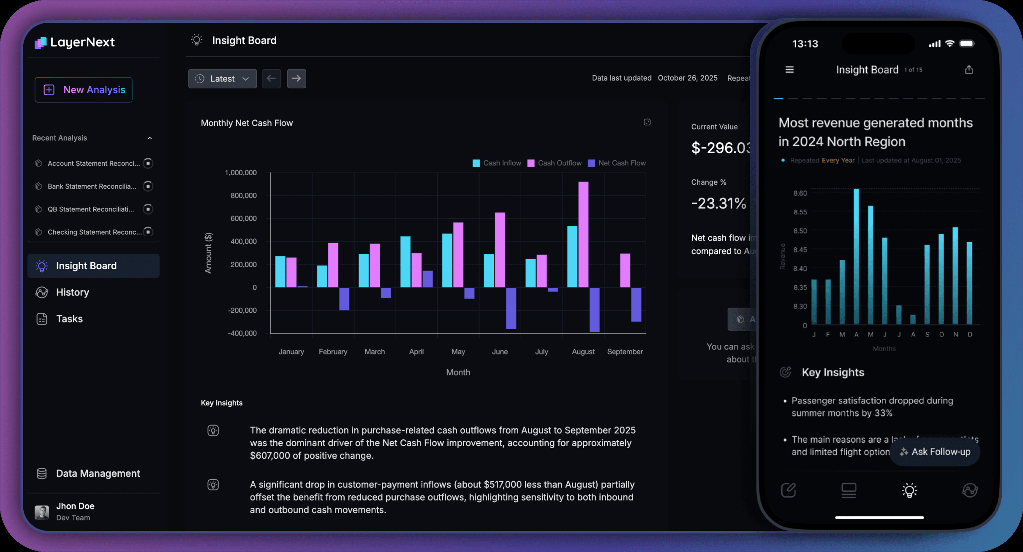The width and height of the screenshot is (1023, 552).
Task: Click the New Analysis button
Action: click(84, 90)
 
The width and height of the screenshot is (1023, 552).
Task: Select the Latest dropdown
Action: click(222, 79)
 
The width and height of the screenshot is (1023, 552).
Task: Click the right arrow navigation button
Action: click(297, 79)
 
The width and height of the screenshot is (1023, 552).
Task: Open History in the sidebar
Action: click(72, 292)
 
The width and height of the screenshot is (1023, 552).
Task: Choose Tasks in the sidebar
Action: click(69, 319)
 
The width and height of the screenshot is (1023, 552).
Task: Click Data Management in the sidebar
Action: click(98, 474)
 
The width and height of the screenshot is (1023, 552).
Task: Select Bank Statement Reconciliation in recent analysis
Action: click(92, 186)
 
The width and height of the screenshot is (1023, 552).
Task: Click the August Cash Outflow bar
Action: click(583, 234)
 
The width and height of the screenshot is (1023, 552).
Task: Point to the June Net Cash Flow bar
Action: click(511, 308)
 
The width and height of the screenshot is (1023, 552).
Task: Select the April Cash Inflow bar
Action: click(405, 262)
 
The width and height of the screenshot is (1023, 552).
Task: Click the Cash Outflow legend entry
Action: click(555, 163)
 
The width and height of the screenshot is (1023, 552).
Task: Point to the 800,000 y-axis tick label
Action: click(243, 196)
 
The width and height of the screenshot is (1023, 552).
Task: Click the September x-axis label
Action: click(625, 352)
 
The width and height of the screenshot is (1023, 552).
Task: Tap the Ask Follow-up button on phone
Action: click(935, 452)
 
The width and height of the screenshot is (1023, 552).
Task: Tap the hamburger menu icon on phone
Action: click(789, 70)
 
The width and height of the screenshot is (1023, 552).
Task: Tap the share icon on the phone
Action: click(969, 70)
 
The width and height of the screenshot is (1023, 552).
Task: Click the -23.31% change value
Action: click(718, 204)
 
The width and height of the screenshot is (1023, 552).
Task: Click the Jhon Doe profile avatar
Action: click(42, 512)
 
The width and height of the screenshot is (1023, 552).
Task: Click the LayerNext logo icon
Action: click(41, 43)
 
